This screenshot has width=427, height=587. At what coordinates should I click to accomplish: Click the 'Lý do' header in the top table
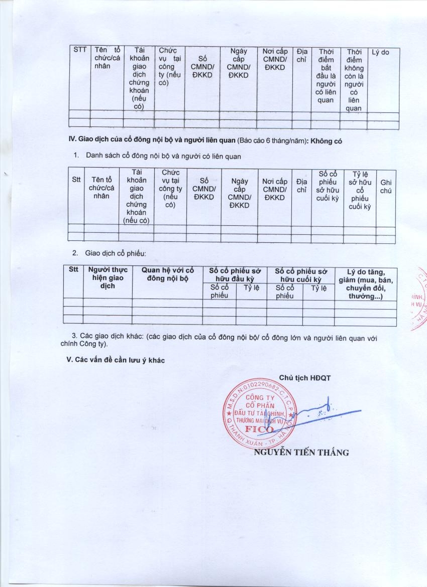tap(380, 52)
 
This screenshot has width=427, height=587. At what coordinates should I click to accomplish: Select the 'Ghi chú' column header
tap(386, 187)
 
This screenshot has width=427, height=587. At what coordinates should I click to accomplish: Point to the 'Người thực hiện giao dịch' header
tap(108, 277)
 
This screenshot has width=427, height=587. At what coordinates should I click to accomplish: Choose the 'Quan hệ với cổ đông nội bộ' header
tap(167, 274)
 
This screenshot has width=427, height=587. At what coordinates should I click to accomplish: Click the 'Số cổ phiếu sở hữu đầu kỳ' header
tap(235, 274)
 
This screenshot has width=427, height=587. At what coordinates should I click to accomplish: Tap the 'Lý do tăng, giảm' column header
tap(365, 284)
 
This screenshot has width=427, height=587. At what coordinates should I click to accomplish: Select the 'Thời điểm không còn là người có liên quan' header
tap(354, 80)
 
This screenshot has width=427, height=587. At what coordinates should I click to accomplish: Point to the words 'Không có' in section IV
tap(326, 141)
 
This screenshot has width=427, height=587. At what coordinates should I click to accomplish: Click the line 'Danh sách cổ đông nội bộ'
tap(163, 156)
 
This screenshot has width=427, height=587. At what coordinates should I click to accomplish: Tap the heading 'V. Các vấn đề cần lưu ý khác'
tap(116, 360)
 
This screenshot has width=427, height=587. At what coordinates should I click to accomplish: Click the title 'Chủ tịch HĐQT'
tap(305, 377)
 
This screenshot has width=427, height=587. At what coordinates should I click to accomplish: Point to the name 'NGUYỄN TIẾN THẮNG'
tap(301, 452)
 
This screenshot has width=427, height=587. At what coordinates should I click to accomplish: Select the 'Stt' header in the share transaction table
tap(74, 270)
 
